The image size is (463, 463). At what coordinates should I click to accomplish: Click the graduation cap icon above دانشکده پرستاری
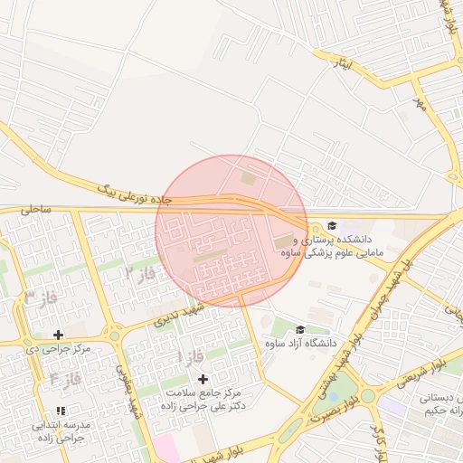click(x=332, y=225)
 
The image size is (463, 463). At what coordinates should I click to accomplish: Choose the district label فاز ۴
click(x=65, y=379)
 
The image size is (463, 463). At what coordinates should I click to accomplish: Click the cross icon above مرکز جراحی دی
click(x=59, y=335)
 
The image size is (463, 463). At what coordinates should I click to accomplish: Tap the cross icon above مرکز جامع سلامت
click(x=203, y=379)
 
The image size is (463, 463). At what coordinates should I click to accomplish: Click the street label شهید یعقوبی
click(x=128, y=391)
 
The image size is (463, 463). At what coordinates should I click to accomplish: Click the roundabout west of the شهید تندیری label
click(x=114, y=336)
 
